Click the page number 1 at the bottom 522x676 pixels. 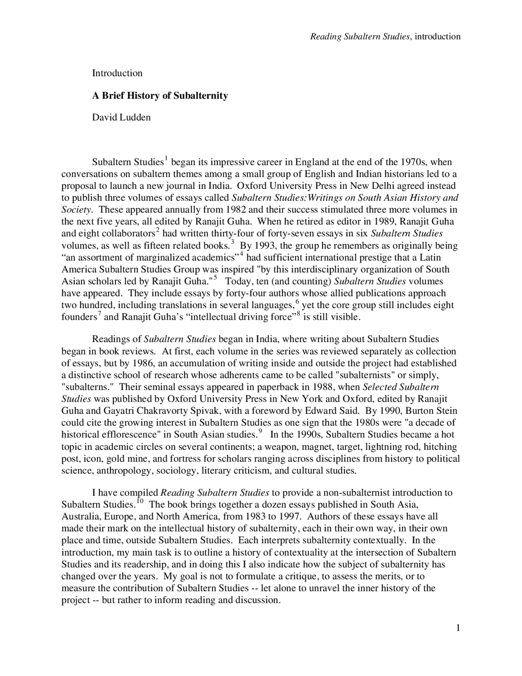click(x=458, y=628)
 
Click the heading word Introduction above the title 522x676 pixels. click(x=117, y=73)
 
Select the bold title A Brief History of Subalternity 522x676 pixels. click(x=160, y=96)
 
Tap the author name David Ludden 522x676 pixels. click(x=121, y=118)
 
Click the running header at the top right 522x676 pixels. click(x=385, y=37)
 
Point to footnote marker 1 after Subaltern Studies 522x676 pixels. click(x=166, y=158)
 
